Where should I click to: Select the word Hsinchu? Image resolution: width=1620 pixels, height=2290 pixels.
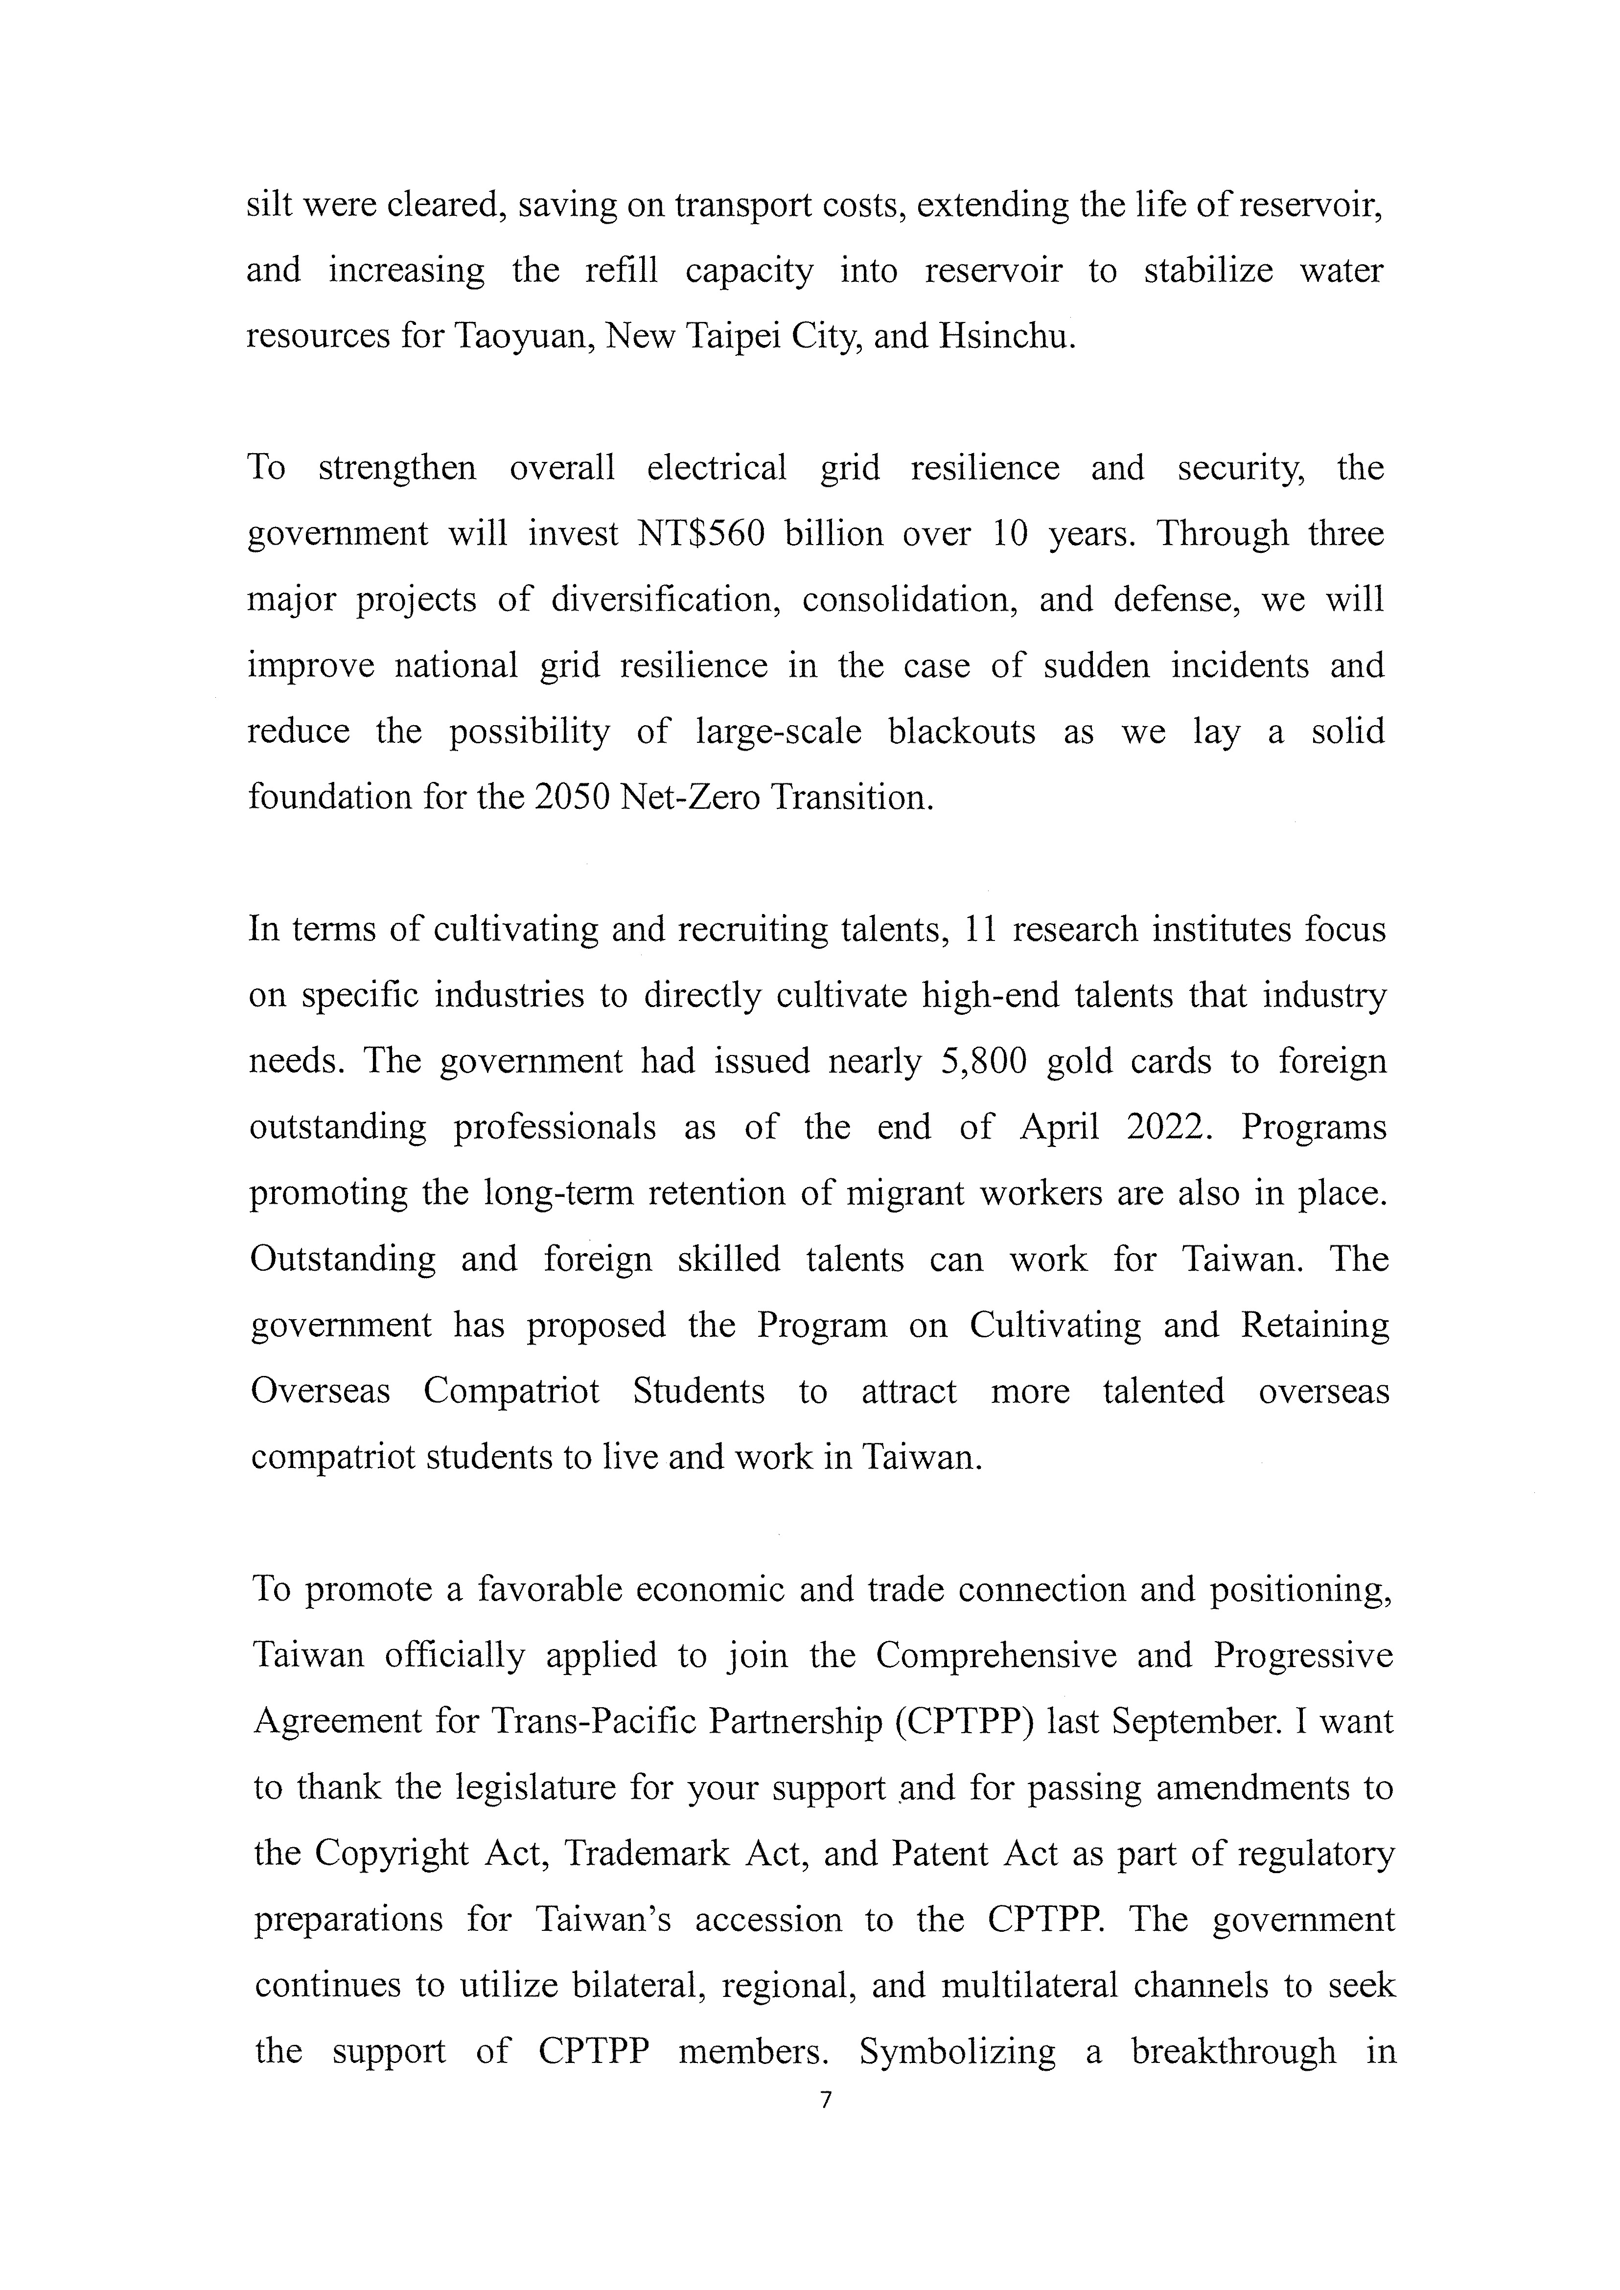pyautogui.click(x=1005, y=336)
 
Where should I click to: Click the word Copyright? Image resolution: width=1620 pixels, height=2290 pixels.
pyautogui.click(x=391, y=1853)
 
